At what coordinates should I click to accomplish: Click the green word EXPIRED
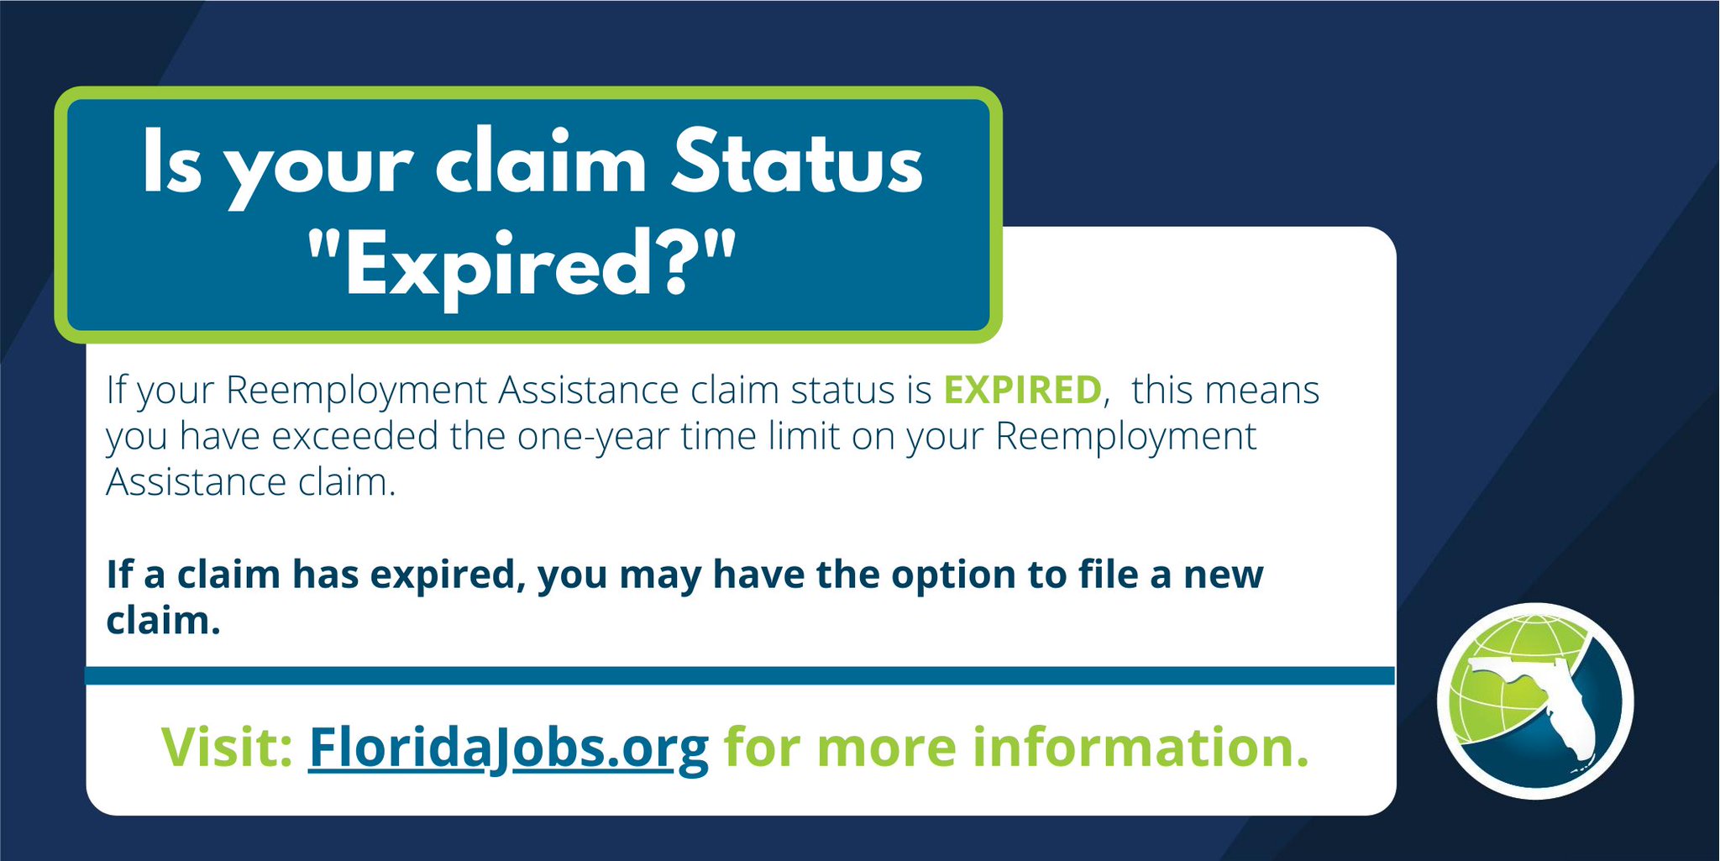pyautogui.click(x=1022, y=391)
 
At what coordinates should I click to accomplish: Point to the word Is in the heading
pyautogui.click(x=172, y=164)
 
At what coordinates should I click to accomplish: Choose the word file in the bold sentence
pyautogui.click(x=1097, y=575)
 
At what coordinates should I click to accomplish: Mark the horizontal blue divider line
pyautogui.click(x=739, y=675)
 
